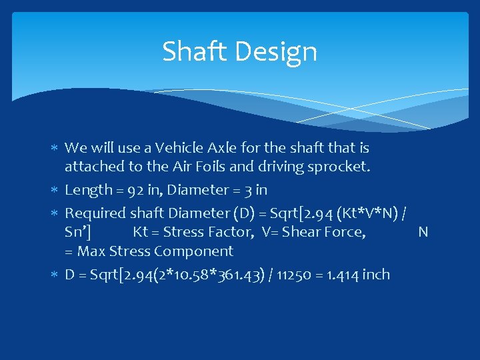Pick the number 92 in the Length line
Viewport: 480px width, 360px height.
137,190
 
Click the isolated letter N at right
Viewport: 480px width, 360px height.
423,232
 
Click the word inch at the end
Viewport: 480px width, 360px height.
376,275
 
